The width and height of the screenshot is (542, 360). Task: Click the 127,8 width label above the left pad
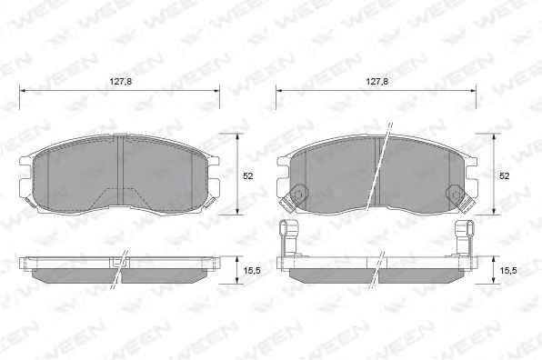[x=121, y=82]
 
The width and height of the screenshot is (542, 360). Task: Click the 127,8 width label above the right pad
[x=377, y=82]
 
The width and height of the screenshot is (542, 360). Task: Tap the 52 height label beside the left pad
[x=248, y=175]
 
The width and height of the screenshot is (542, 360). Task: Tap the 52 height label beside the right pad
[x=505, y=175]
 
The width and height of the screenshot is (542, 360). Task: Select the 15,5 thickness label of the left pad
[x=252, y=271]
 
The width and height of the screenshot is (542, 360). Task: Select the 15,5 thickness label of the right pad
[x=508, y=271]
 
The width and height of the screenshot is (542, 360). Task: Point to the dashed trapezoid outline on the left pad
[x=122, y=196]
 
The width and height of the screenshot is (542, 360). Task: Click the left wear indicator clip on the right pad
[x=291, y=199]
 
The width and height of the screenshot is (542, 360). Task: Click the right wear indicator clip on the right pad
[x=460, y=199]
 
